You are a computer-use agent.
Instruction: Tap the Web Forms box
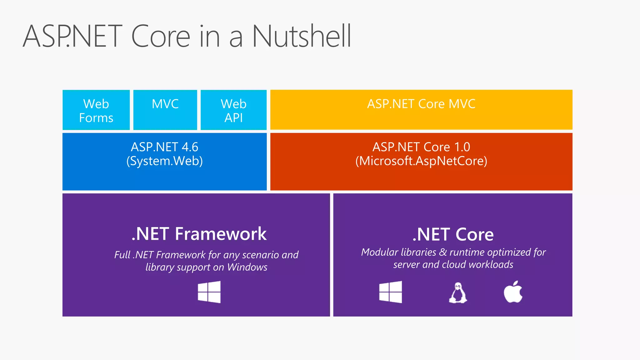click(x=96, y=110)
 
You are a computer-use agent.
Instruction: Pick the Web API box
click(x=233, y=110)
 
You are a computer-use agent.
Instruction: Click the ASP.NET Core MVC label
click(x=421, y=104)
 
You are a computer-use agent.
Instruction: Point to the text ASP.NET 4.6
click(x=164, y=147)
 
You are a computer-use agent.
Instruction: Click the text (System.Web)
click(x=164, y=161)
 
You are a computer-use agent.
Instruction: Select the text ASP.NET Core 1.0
click(x=421, y=147)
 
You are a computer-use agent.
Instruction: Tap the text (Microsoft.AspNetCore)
click(x=421, y=161)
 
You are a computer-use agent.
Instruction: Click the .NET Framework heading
click(x=199, y=234)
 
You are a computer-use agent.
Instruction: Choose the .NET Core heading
click(x=453, y=234)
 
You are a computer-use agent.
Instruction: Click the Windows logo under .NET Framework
click(x=209, y=292)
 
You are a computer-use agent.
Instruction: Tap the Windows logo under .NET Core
click(x=390, y=292)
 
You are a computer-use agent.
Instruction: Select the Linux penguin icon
click(x=458, y=293)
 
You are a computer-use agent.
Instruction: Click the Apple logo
click(x=513, y=292)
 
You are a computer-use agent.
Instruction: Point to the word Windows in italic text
click(x=247, y=267)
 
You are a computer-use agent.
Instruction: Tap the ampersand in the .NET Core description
click(x=443, y=252)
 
